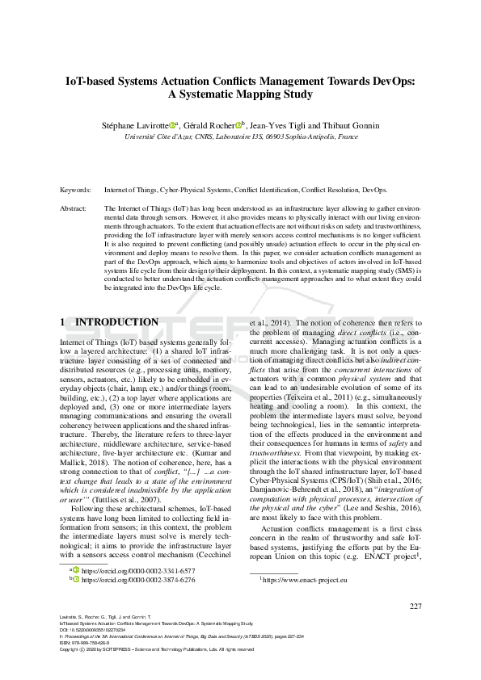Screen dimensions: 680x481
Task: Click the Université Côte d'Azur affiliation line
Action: (240, 137)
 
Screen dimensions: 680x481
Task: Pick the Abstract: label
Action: (74, 208)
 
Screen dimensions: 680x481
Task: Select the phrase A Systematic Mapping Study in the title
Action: (240, 94)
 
